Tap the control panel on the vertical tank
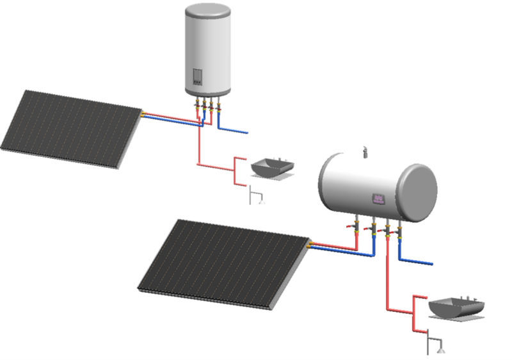(196, 79)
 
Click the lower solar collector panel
(224, 263)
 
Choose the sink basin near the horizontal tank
(456, 307)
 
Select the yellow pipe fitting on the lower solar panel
(311, 244)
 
